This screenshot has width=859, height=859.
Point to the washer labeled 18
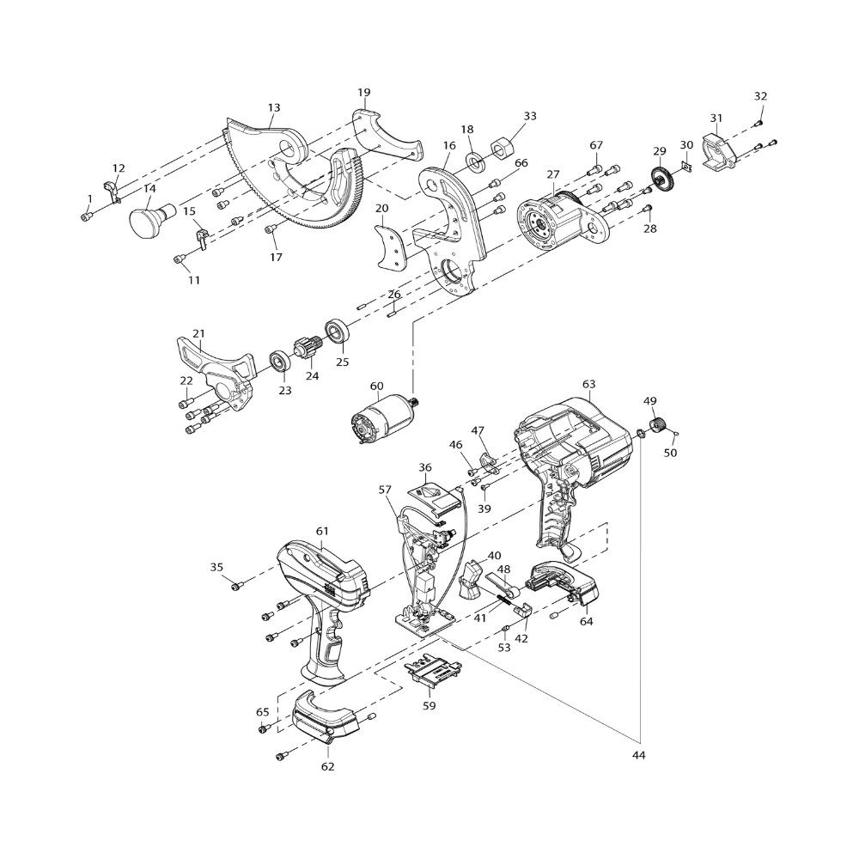(x=474, y=161)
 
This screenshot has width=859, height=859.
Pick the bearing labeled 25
(x=338, y=332)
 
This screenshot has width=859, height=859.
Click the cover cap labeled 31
(x=717, y=146)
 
